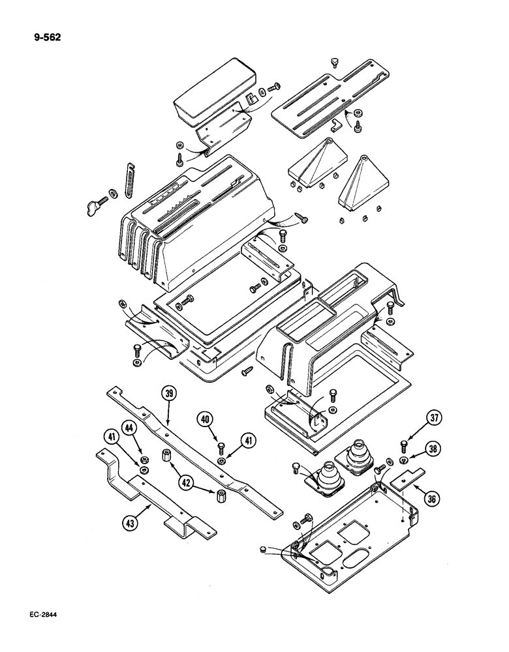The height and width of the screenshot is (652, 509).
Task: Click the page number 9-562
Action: (x=48, y=37)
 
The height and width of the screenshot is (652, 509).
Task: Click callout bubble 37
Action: (x=433, y=417)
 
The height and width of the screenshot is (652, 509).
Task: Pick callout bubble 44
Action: (x=129, y=427)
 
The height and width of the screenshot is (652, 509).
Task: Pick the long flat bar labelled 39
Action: (x=196, y=444)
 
